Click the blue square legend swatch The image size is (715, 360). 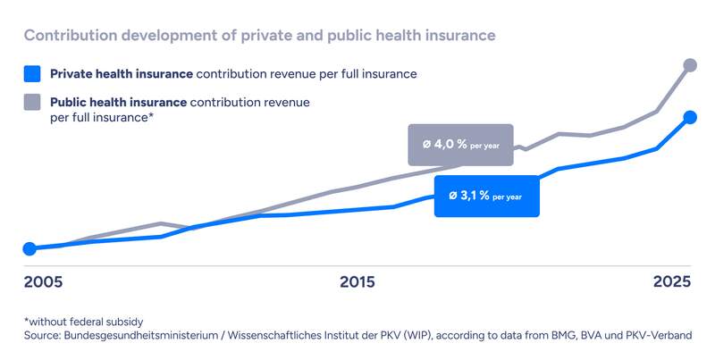pyautogui.click(x=33, y=73)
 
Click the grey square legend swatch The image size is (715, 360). pyautogui.click(x=33, y=103)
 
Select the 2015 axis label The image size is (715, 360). pyautogui.click(x=357, y=282)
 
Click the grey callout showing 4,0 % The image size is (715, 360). pyautogui.click(x=460, y=145)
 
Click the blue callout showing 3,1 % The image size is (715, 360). pyautogui.click(x=487, y=196)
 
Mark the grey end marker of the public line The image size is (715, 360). pyautogui.click(x=690, y=64)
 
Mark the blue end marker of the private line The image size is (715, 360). pyautogui.click(x=690, y=117)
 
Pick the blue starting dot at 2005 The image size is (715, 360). pyautogui.click(x=29, y=248)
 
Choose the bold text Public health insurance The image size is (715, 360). pyautogui.click(x=118, y=103)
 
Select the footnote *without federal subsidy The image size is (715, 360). pyautogui.click(x=84, y=321)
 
